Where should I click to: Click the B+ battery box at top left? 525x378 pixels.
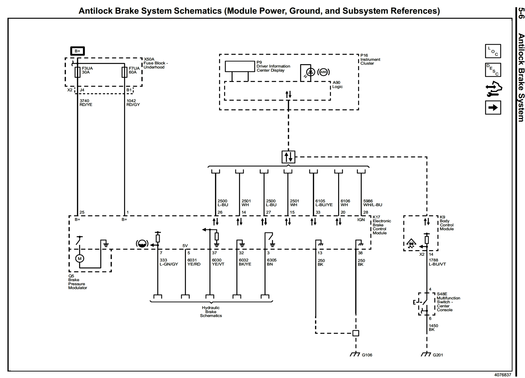pyautogui.click(x=77, y=51)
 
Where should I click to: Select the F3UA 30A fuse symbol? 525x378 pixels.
pyautogui.click(x=77, y=72)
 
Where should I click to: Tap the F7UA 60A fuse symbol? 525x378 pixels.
pyautogui.click(x=124, y=72)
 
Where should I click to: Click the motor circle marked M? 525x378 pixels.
pyautogui.click(x=80, y=258)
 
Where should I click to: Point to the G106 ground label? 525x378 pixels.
pyautogui.click(x=367, y=355)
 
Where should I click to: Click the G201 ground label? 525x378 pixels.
pyautogui.click(x=438, y=355)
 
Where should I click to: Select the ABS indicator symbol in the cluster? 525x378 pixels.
pyautogui.click(x=323, y=72)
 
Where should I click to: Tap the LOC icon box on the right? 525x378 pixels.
pyautogui.click(x=493, y=51)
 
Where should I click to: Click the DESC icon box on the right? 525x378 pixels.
pyautogui.click(x=493, y=70)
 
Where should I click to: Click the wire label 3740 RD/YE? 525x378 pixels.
pyautogui.click(x=86, y=103)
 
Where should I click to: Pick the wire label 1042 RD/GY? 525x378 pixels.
pyautogui.click(x=133, y=103)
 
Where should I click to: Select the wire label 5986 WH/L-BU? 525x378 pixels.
pyautogui.click(x=373, y=203)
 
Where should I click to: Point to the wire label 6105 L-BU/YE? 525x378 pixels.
pyautogui.click(x=324, y=203)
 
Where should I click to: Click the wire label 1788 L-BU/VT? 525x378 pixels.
pyautogui.click(x=437, y=262)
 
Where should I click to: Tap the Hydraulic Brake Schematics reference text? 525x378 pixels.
pyautogui.click(x=211, y=312)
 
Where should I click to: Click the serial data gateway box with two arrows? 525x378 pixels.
pyautogui.click(x=288, y=157)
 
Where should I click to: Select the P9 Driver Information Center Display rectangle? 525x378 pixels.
pyautogui.click(x=239, y=66)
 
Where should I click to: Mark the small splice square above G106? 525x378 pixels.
pyautogui.click(x=355, y=333)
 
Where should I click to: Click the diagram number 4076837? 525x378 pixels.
pyautogui.click(x=502, y=375)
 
